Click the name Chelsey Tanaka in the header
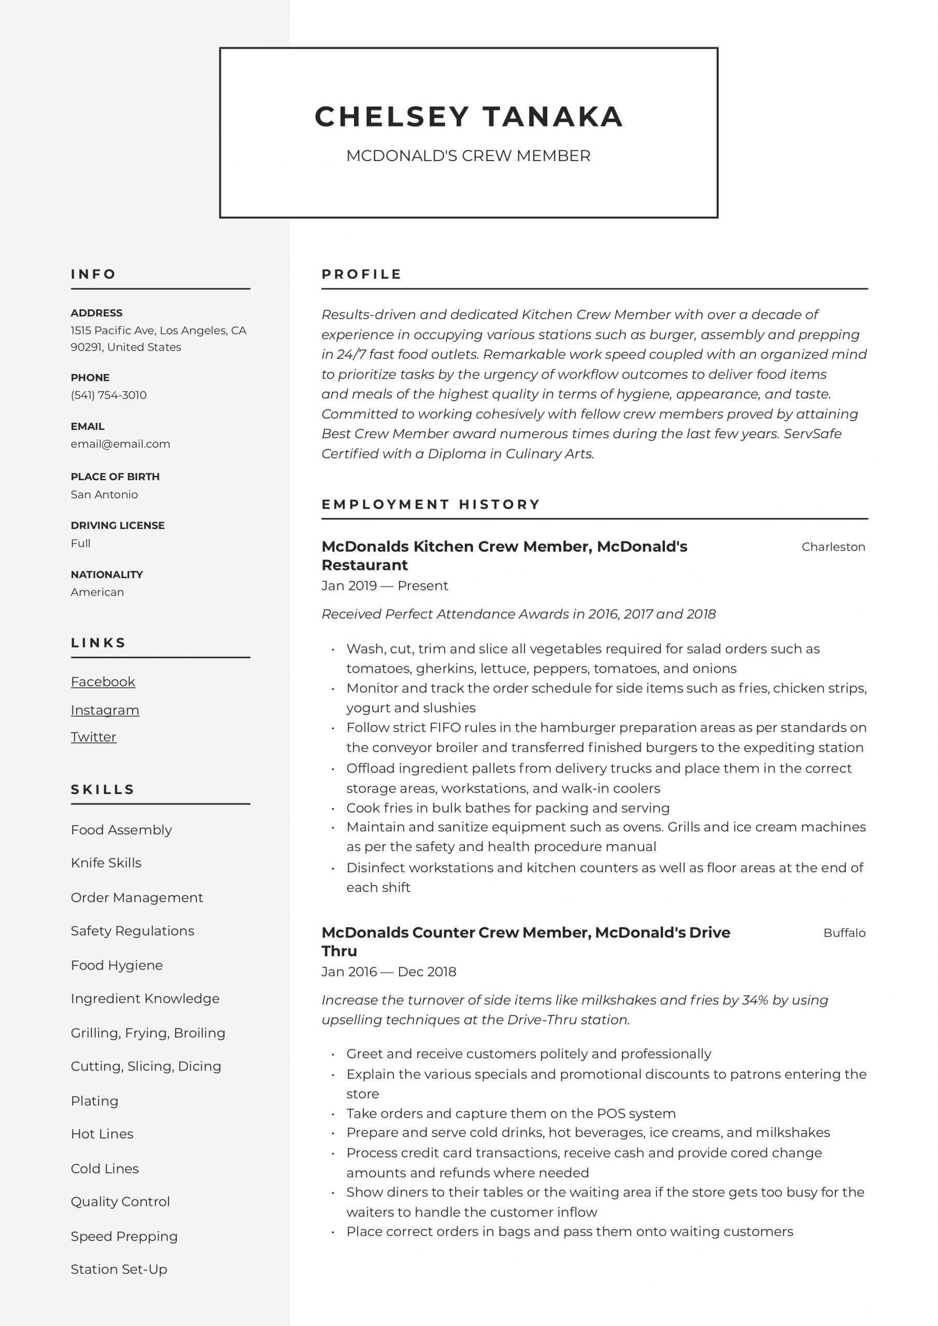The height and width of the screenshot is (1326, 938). [x=468, y=117]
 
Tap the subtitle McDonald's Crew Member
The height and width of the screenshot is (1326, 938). [x=468, y=156]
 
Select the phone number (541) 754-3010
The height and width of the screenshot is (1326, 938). [x=109, y=395]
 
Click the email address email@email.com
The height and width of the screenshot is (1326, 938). [x=120, y=443]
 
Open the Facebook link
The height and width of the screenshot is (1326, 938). [x=103, y=682]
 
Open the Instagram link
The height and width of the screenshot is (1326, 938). [x=105, y=710]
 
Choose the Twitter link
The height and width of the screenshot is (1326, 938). [x=94, y=737]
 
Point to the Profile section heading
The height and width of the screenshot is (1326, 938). [x=361, y=275]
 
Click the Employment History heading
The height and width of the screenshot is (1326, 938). [x=431, y=504]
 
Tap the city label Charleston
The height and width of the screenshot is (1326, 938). [x=833, y=547]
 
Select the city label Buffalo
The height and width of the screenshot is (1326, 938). [x=844, y=933]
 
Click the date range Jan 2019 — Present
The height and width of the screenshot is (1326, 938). [x=385, y=586]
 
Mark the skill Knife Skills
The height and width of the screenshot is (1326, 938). [x=106, y=863]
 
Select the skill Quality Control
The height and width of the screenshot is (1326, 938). [x=120, y=1201]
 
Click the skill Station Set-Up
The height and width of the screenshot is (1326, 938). [x=119, y=1269]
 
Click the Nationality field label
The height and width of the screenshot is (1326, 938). [x=106, y=574]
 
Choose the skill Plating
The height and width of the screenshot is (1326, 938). [x=94, y=1101]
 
